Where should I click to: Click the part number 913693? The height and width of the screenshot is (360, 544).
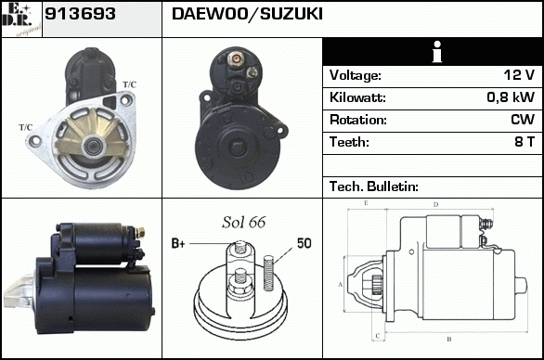80,14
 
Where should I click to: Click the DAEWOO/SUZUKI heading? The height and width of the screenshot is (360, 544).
247,14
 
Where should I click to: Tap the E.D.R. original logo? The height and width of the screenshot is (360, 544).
21,19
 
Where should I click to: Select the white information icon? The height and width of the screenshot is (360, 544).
437,52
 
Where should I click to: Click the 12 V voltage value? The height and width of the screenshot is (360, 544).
519,75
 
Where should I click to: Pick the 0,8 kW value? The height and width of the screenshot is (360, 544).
511,97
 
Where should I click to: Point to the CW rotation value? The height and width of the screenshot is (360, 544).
523,120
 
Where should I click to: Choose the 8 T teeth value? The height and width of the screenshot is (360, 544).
525,142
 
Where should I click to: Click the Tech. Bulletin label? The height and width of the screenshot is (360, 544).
374,186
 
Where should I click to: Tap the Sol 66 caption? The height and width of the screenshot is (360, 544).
244,223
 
